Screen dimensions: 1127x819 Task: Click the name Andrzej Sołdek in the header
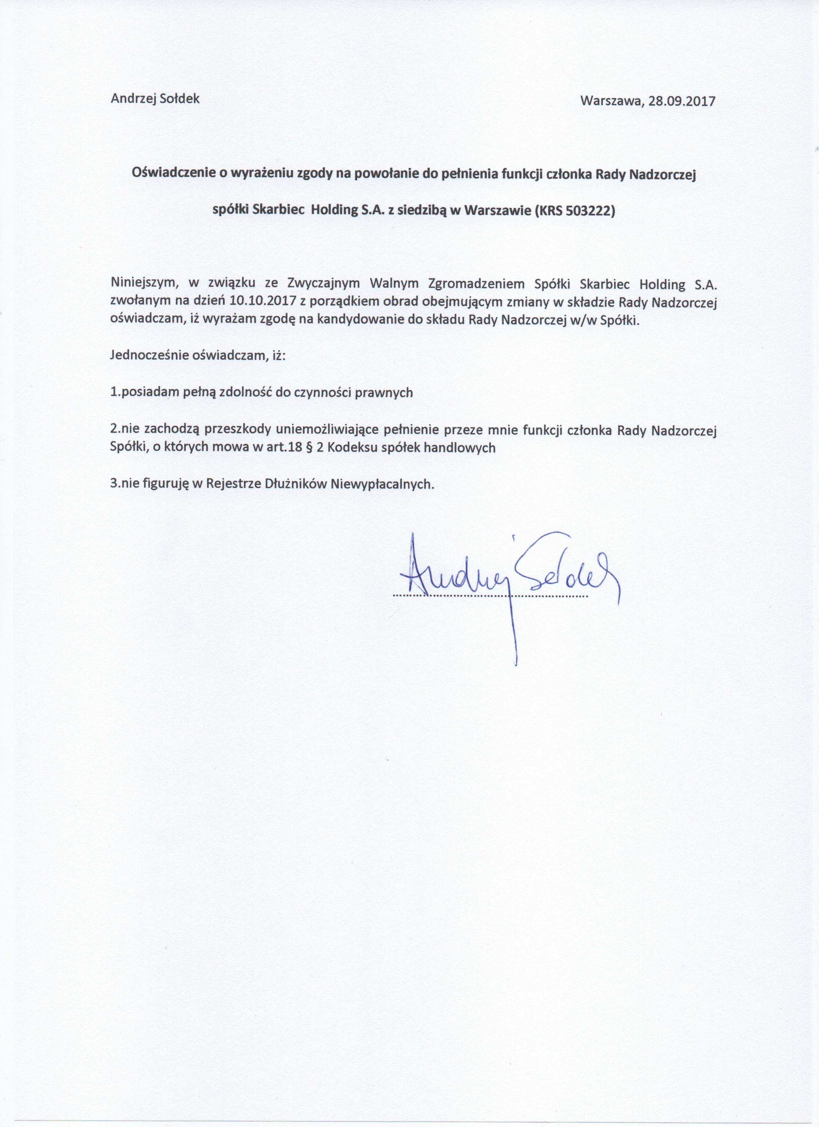(155, 98)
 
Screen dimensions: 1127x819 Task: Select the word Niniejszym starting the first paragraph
(144, 284)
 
